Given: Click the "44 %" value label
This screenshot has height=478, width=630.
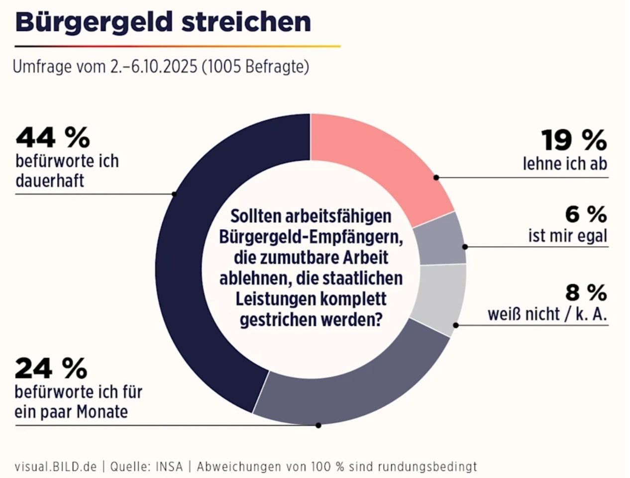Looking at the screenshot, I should coord(53,138).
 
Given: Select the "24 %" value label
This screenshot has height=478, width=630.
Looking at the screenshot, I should coord(51,369).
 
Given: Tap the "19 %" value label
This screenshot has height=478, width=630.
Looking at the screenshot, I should coord(574,140).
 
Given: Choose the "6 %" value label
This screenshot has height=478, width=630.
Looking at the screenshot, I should coord(586,215).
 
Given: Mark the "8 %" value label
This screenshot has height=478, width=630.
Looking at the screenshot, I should coord(586,292).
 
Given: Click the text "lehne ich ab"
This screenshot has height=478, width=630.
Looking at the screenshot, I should coord(565,164).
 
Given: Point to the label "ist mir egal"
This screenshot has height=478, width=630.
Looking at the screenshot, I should coord(568,236).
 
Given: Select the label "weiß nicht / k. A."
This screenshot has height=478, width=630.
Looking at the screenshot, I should coord(547,314).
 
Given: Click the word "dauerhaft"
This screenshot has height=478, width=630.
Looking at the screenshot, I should coord(50,181).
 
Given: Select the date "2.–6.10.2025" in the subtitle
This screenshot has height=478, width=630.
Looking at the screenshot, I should coord(154,67).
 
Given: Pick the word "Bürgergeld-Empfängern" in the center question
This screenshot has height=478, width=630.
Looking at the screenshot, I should coord(311,237).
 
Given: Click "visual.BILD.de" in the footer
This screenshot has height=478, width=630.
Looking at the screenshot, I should coord(55,467).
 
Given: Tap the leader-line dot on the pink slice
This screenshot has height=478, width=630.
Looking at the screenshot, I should coord(436,177).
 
